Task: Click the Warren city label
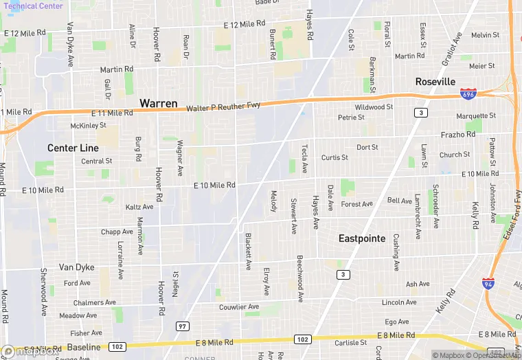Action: coord(159,103)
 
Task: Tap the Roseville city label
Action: coord(435,82)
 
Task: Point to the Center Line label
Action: coord(73,148)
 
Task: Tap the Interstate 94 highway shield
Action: coord(488,283)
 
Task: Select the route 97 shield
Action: coord(182,326)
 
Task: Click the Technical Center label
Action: coord(32,6)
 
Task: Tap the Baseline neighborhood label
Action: coord(84,348)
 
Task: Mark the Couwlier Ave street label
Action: coord(238,307)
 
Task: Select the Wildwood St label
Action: coord(374,107)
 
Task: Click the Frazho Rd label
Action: coord(458,135)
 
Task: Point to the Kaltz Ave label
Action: coord(139,207)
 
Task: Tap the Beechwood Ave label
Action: coord(300,278)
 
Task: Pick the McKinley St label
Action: coord(89,126)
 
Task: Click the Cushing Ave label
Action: coord(396,252)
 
